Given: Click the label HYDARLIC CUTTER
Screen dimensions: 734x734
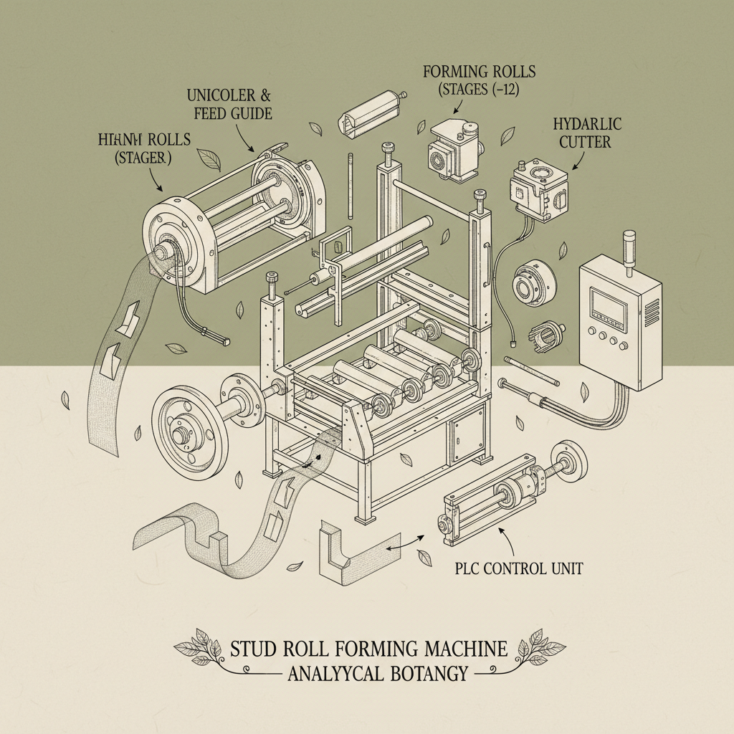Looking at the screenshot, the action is [x=586, y=133].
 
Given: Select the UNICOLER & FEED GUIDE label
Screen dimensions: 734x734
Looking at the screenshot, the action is [x=229, y=104].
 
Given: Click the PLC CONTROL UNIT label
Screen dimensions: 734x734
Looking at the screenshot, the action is [x=519, y=568].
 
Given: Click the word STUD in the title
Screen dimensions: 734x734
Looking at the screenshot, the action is [x=252, y=649].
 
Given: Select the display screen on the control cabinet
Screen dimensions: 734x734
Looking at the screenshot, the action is [x=607, y=306].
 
